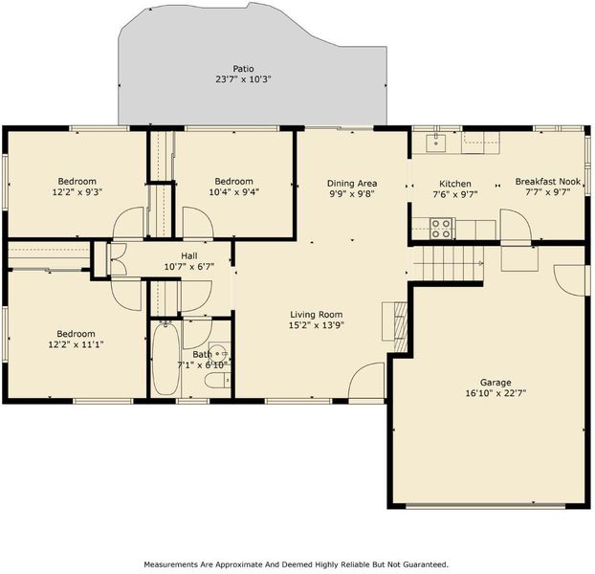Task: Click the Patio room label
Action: click(x=243, y=69)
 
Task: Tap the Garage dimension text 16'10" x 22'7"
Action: click(x=496, y=393)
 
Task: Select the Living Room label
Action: click(x=316, y=315)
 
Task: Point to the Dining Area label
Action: click(x=352, y=184)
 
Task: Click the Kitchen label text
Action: click(x=455, y=184)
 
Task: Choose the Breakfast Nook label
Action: click(x=548, y=182)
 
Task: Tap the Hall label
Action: click(x=189, y=255)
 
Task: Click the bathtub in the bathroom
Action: click(x=165, y=359)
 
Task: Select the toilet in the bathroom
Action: click(x=217, y=381)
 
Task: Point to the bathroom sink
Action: click(x=219, y=354)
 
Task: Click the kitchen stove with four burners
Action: click(x=441, y=229)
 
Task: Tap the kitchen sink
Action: click(x=435, y=143)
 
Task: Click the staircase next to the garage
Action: click(x=448, y=263)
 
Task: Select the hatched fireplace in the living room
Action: click(x=401, y=326)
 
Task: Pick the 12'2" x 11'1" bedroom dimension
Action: click(x=77, y=344)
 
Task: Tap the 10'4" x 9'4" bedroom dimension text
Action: click(x=233, y=192)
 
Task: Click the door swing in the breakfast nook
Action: click(x=516, y=225)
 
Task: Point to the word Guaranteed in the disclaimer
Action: click(x=425, y=564)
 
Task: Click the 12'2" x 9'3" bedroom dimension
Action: click(x=77, y=192)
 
